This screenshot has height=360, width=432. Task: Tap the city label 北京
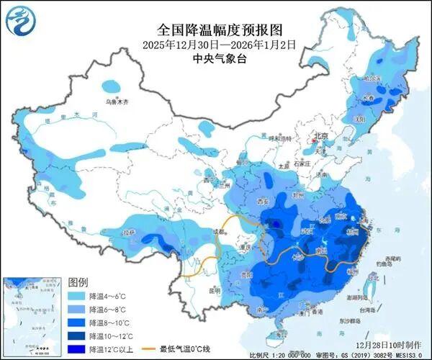320,136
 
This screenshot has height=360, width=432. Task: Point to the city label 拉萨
128,233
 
